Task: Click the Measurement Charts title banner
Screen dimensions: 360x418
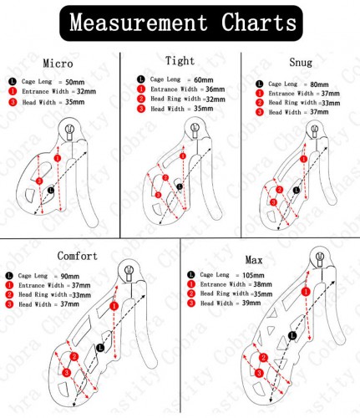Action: tap(181, 23)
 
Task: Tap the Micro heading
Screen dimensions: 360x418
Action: tap(58, 64)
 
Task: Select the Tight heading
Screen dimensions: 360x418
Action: tap(180, 61)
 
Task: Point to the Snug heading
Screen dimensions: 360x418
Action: tap(301, 62)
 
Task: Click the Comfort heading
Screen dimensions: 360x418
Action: tap(78, 256)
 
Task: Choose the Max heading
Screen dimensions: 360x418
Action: tap(254, 260)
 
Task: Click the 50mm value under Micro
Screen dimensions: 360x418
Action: tap(75, 82)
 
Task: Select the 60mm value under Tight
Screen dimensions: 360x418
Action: tap(204, 80)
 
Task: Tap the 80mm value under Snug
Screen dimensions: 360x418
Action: tap(319, 84)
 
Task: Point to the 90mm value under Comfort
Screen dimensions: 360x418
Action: tap(70, 276)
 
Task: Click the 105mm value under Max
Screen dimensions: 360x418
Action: tap(253, 275)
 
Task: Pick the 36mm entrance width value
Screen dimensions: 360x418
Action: tap(215, 89)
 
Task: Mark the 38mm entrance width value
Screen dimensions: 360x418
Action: tap(262, 284)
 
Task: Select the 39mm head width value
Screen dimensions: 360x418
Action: tap(251, 303)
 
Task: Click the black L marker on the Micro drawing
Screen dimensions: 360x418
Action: tap(51, 191)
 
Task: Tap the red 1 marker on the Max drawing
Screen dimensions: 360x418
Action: tap(306, 292)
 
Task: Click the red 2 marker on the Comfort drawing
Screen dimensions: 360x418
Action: tap(74, 357)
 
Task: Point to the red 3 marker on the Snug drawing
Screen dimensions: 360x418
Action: tap(273, 202)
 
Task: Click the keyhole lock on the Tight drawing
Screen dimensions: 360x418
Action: tap(195, 130)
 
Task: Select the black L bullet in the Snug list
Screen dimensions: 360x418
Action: tap(259, 84)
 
